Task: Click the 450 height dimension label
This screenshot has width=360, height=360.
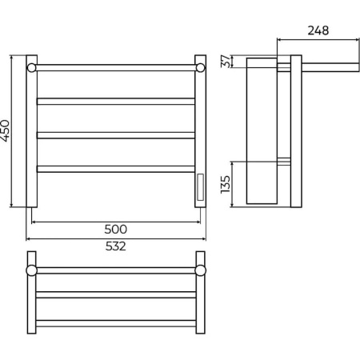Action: (5, 130)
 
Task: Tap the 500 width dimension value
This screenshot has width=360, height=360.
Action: (115, 229)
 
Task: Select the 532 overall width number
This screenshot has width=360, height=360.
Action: (115, 246)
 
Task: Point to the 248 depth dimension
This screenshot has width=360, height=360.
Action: (318, 30)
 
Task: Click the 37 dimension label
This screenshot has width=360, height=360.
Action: (226, 62)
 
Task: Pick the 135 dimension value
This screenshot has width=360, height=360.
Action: (226, 184)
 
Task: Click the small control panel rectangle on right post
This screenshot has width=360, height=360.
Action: (200, 187)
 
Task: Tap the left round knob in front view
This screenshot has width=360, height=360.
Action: (31, 68)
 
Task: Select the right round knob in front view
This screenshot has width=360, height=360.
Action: (200, 68)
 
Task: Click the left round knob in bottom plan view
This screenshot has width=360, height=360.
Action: (31, 270)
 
